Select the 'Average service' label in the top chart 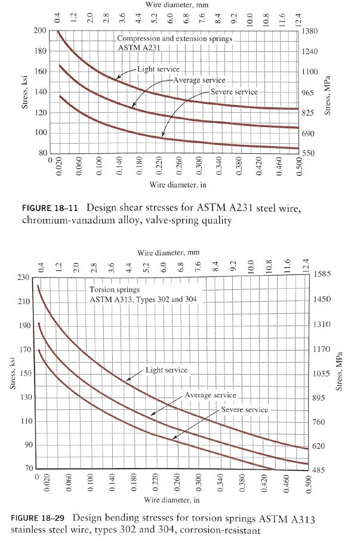point(199,80)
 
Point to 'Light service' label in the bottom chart point(167,370)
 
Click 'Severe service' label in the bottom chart point(245,410)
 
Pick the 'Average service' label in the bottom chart point(211,395)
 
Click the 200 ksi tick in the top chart point(40,30)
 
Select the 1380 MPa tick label point(313,30)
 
